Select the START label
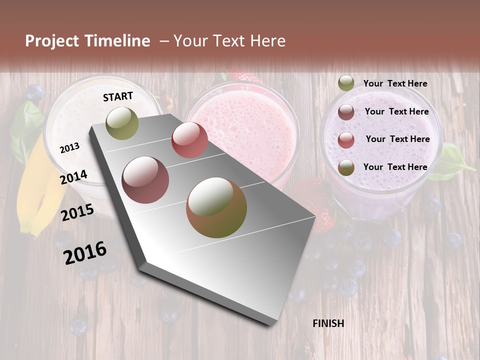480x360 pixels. point(118,96)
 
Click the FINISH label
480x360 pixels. point(328,323)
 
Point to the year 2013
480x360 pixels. point(69,147)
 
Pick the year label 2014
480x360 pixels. point(73,177)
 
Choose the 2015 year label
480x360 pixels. point(77,212)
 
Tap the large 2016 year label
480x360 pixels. point(85,252)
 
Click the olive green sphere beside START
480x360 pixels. point(122,123)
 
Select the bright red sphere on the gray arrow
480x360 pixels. point(189,140)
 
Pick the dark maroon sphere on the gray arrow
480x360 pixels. point(145,180)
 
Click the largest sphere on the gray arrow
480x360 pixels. point(216,207)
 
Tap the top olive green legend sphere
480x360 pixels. point(346,83)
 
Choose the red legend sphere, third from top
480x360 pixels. point(346,140)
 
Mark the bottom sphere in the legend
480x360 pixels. point(346,167)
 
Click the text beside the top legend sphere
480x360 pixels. point(395,83)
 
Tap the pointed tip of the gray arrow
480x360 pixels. point(270,322)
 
